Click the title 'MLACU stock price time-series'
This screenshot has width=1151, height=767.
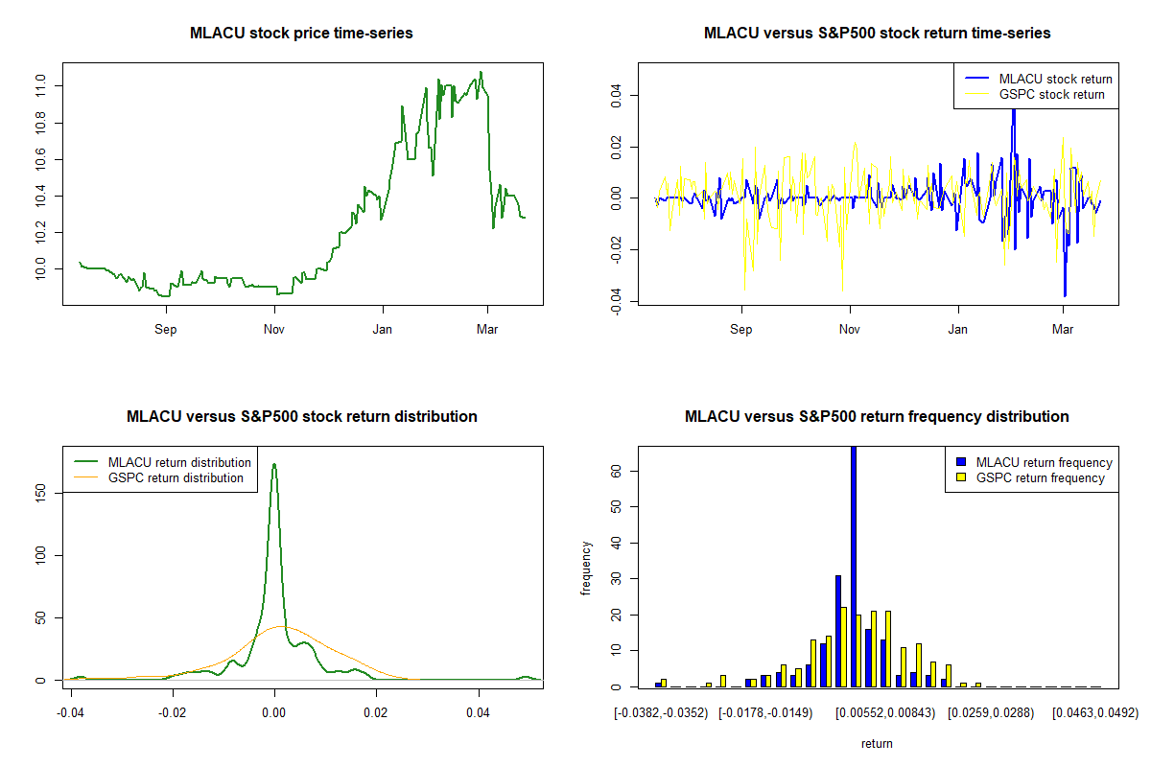(x=301, y=34)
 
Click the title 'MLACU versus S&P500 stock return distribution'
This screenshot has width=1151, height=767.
(x=301, y=417)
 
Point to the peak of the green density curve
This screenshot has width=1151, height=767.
(x=274, y=465)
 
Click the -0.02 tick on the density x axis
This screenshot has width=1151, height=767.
(x=173, y=713)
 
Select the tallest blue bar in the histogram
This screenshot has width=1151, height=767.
(x=854, y=566)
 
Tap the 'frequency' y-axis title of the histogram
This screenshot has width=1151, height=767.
(x=587, y=569)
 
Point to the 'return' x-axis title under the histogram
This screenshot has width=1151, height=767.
(x=877, y=743)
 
